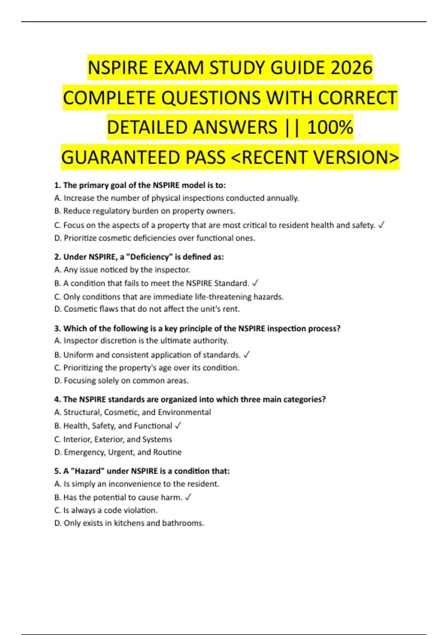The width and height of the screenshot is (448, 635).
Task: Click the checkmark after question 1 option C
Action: point(381,225)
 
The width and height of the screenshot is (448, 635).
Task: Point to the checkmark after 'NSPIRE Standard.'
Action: point(255,283)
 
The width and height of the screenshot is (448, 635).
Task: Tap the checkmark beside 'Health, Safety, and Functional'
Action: point(178,425)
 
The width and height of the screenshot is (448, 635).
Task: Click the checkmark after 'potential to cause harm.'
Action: point(188,497)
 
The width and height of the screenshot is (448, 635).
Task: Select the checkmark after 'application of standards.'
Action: point(246,354)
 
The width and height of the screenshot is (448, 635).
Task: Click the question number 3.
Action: point(57,328)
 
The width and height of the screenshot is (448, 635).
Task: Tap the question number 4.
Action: point(57,399)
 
